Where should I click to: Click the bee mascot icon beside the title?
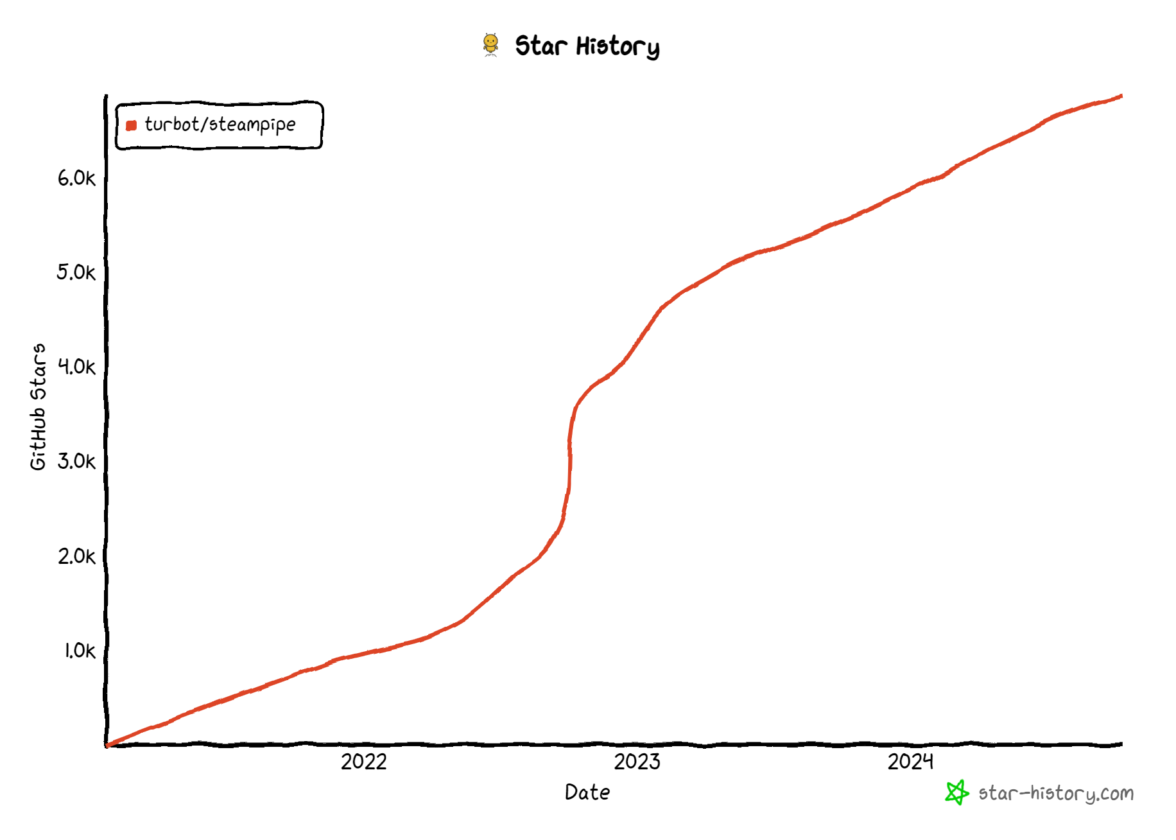coord(490,45)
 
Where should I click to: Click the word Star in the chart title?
coord(541,46)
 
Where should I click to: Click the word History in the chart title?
coord(618,47)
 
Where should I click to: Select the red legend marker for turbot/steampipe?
coord(132,125)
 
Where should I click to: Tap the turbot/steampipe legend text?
coord(220,124)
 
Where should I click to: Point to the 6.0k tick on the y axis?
coord(76,178)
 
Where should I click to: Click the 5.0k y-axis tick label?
coord(76,272)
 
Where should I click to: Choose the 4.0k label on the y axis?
coord(76,367)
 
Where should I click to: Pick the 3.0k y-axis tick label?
coord(76,461)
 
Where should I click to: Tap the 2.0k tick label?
coord(76,556)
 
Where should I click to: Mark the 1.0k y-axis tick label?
coord(80,651)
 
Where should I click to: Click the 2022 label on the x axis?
coord(364,762)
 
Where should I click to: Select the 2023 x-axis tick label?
coord(637,762)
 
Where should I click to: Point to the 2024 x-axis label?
coord(910,762)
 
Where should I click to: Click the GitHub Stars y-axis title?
coord(39,407)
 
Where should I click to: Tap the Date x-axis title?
coord(587,792)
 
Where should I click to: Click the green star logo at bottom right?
coord(956,792)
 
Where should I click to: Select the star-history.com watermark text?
coord(1056,794)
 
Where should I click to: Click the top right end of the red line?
coord(1121,96)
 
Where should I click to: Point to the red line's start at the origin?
coord(107,745)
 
